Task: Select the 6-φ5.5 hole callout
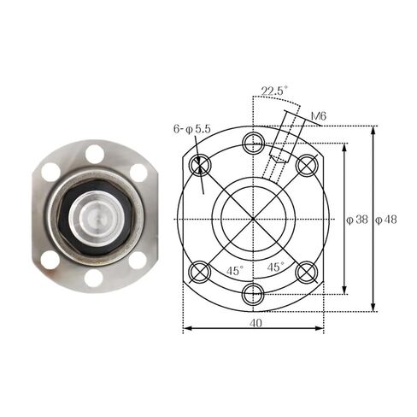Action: [191, 128]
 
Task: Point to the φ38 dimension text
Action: [356, 219]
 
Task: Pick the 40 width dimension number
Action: [255, 323]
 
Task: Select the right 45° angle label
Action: [276, 267]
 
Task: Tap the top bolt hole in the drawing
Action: [254, 142]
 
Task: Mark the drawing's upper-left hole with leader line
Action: [202, 165]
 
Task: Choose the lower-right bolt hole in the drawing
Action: [307, 272]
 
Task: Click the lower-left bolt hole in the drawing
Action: [202, 272]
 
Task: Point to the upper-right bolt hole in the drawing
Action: [307, 165]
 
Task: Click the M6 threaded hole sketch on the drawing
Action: [280, 155]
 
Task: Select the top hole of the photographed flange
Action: [94, 154]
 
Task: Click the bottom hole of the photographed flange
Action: [94, 278]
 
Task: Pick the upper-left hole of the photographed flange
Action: [51, 172]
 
